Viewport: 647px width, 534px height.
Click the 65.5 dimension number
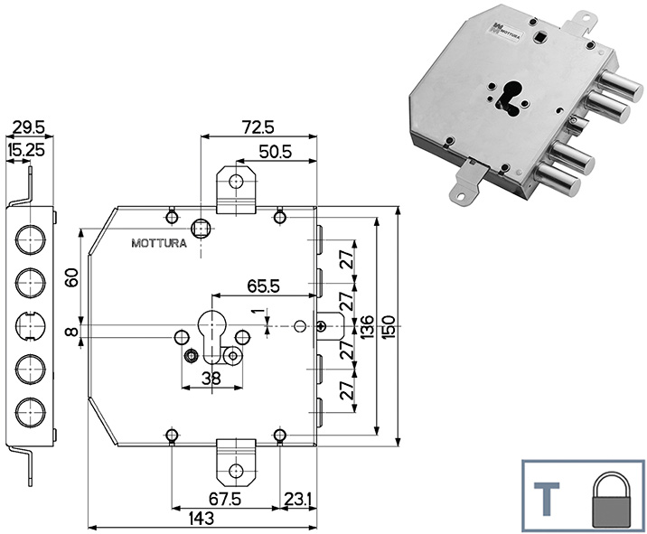pyautogui.click(x=264, y=286)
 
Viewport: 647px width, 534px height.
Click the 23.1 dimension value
pyautogui.click(x=298, y=497)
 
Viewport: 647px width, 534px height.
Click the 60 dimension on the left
pyautogui.click(x=72, y=276)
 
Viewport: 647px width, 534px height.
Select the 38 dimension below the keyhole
pyautogui.click(x=211, y=379)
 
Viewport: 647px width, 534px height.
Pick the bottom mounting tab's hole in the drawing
pyautogui.click(x=237, y=470)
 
